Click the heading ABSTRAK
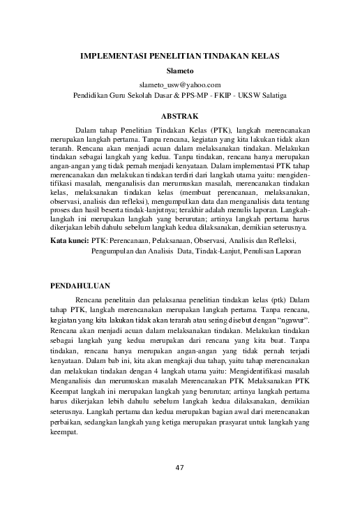point(180,114)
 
